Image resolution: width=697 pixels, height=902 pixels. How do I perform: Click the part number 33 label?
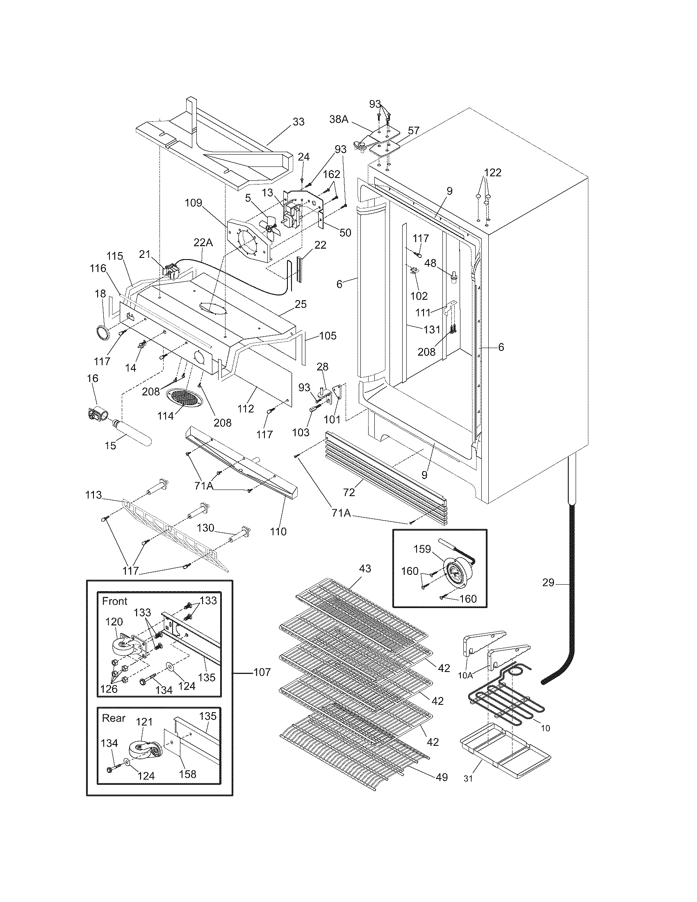(x=298, y=122)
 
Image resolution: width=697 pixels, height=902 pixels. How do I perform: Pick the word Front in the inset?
(x=114, y=601)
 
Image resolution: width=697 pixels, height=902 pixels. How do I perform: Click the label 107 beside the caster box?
(x=262, y=672)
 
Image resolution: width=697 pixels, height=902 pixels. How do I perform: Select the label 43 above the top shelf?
(x=364, y=569)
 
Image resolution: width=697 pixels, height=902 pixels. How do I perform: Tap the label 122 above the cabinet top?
(x=492, y=173)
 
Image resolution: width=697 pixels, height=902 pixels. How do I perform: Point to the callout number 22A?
(x=203, y=242)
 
